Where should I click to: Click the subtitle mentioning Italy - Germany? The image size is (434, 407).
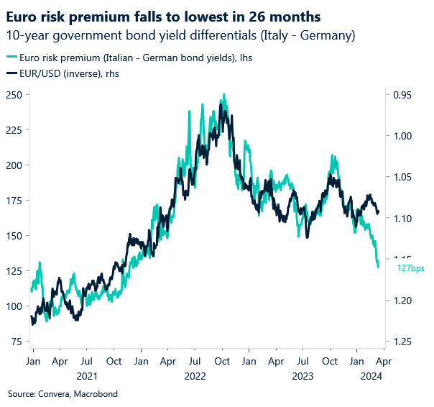(181, 35)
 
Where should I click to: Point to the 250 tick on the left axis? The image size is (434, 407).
(14, 94)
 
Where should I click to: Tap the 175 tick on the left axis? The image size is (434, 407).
(14, 200)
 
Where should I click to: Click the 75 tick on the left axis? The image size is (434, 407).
(16, 342)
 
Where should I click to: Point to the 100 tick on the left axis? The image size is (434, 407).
(14, 306)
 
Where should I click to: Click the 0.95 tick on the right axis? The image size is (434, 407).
(403, 94)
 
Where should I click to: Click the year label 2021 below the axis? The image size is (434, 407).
(86, 376)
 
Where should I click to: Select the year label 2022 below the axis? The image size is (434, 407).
(195, 376)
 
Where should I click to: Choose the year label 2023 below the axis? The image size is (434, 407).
(303, 376)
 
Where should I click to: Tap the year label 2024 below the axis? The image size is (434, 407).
(371, 376)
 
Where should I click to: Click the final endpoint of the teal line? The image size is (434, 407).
(379, 267)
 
